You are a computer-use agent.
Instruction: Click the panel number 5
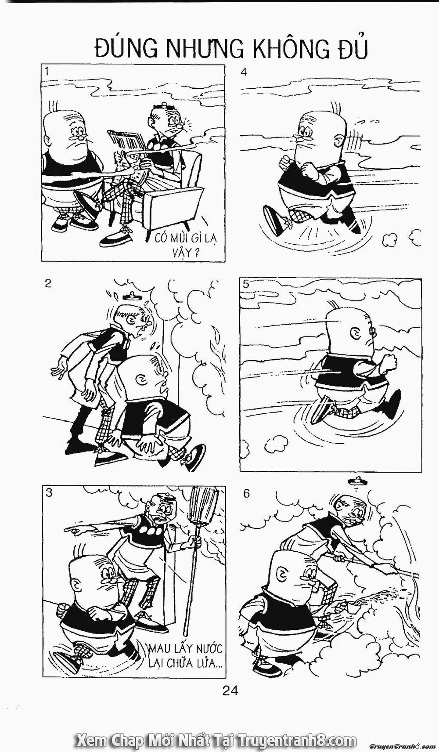tap(246, 284)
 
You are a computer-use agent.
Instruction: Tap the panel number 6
tap(246, 493)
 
